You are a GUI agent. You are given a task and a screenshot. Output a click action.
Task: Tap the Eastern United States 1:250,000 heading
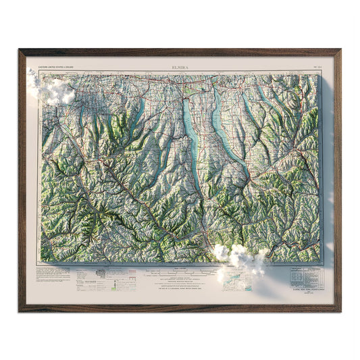(58, 68)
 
